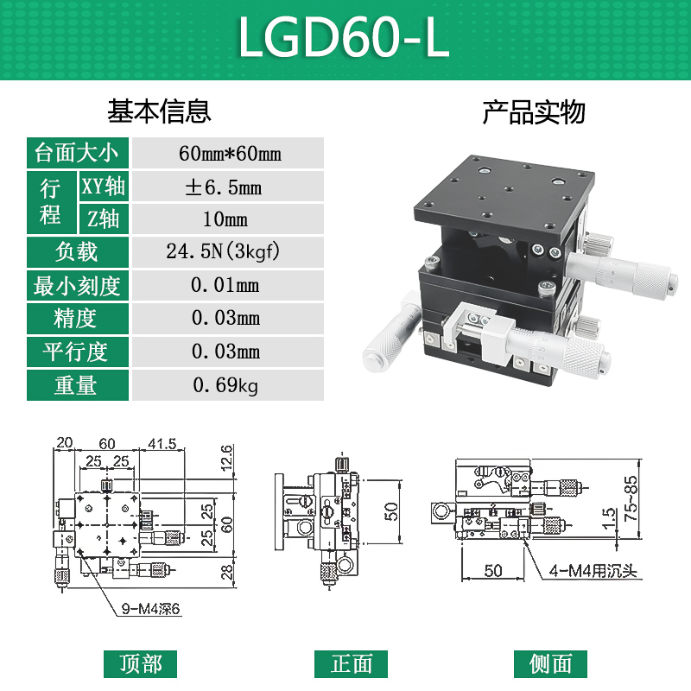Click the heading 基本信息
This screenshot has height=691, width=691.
point(159,111)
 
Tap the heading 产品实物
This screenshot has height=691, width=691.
point(533,111)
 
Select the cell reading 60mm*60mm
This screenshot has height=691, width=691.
point(228,154)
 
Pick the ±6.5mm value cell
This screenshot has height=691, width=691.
point(228,187)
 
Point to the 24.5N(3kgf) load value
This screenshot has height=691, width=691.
point(228,252)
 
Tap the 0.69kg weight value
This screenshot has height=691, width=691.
point(228,385)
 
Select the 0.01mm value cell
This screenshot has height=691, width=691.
point(228,286)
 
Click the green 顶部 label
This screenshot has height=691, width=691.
point(141,663)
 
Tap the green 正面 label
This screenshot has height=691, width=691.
point(352,663)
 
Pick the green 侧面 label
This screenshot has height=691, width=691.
point(550,663)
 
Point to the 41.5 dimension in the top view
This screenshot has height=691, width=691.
point(162,444)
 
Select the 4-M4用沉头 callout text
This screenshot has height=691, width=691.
point(593,572)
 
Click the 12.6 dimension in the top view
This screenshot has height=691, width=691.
point(226,456)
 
